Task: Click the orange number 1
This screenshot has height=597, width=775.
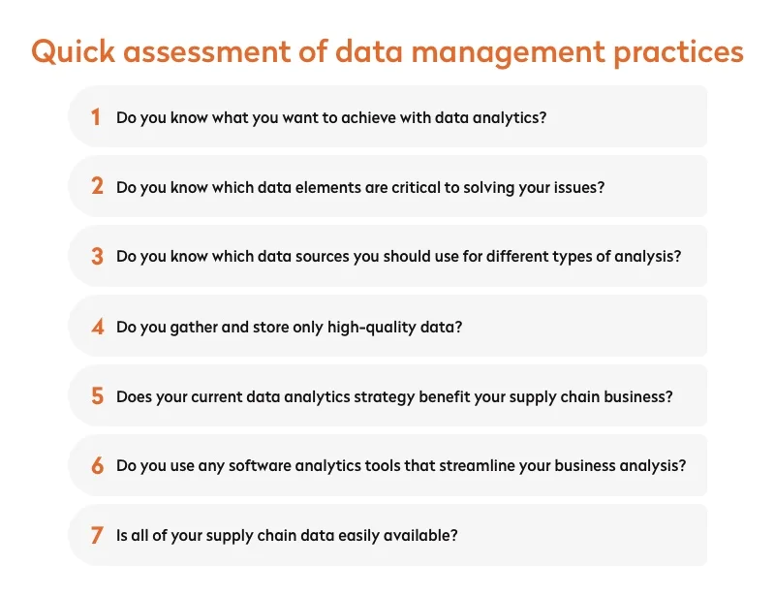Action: [x=96, y=117]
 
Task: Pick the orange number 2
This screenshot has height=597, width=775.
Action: [x=97, y=187]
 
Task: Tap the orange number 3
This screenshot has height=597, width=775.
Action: [x=97, y=257]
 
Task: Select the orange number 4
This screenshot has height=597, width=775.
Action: [x=97, y=327]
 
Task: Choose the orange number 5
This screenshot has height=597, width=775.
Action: [x=97, y=396]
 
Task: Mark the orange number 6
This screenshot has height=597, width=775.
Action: [x=97, y=466]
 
